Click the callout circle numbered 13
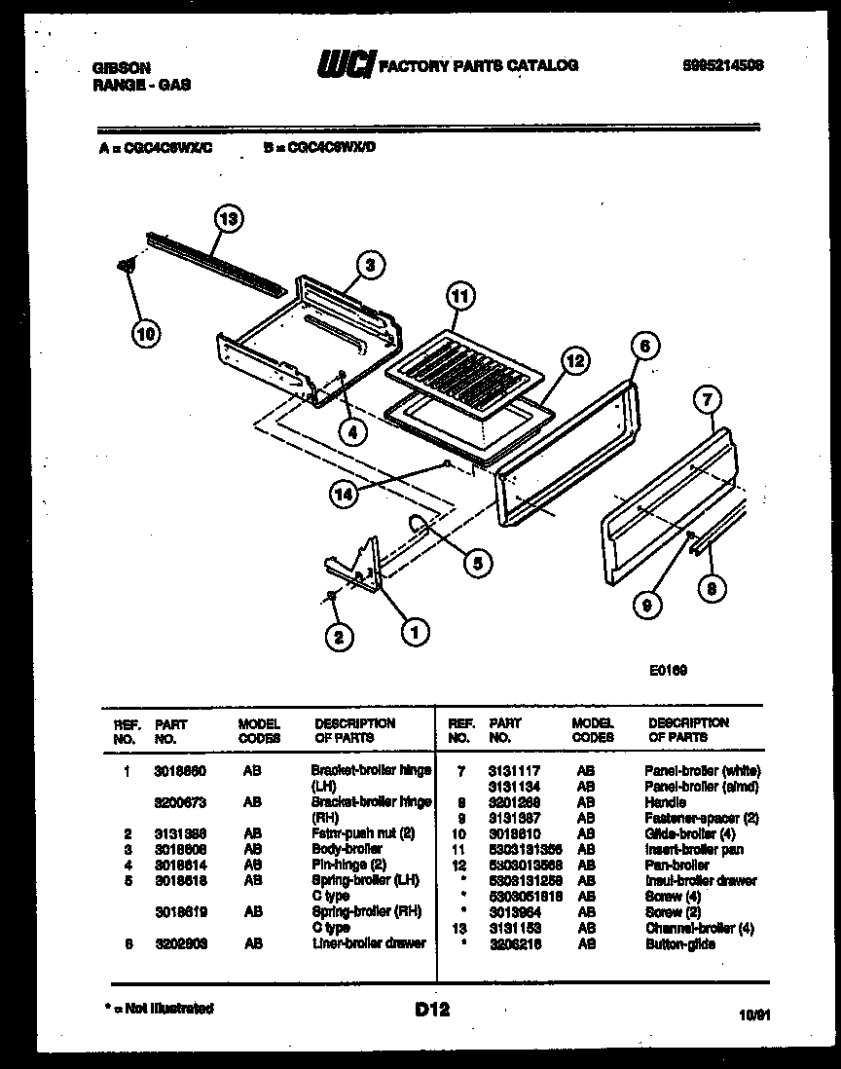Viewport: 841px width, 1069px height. pyautogui.click(x=228, y=218)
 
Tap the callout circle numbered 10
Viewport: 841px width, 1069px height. pyautogui.click(x=144, y=334)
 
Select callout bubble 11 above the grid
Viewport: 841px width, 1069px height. pyautogui.click(x=459, y=297)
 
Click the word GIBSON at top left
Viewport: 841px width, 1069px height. pyautogui.click(x=121, y=67)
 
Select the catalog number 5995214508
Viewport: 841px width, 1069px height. pyautogui.click(x=722, y=64)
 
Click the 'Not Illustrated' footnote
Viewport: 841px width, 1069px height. pyautogui.click(x=159, y=1009)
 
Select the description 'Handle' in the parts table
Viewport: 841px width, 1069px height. pyautogui.click(x=665, y=802)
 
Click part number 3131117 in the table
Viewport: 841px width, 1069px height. pyautogui.click(x=512, y=770)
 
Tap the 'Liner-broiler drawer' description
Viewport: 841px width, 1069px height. pyautogui.click(x=369, y=943)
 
